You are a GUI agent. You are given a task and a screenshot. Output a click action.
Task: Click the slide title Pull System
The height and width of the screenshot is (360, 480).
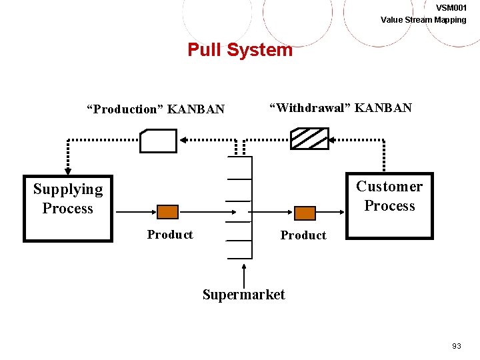240,50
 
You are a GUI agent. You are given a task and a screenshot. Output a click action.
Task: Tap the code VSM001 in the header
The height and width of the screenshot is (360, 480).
451,7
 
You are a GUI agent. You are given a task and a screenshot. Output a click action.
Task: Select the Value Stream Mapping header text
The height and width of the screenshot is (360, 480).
423,19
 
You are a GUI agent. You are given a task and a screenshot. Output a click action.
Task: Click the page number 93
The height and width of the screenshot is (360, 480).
457,346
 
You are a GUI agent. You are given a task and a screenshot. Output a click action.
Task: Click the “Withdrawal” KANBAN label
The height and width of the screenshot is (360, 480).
340,107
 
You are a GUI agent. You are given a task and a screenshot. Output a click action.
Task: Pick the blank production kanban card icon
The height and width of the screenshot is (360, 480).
159,141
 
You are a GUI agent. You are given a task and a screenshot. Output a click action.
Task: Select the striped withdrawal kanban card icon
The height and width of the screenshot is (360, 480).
309,139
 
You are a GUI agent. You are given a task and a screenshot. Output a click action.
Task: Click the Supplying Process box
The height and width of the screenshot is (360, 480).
68,207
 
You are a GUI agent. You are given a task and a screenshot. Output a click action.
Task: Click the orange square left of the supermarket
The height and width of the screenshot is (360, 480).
167,212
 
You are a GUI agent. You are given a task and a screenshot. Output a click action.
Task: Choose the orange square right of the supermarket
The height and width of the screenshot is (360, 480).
305,213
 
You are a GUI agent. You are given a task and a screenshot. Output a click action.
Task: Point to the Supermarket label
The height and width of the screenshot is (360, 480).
243,295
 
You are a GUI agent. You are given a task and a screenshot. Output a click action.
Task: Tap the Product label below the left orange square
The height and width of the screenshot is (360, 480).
170,235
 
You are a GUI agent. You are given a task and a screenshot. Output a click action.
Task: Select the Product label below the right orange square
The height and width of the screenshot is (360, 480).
303,235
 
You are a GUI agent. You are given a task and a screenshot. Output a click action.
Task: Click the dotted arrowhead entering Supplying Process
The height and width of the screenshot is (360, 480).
67,169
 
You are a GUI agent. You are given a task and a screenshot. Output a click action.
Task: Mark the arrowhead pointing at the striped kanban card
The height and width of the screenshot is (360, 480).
333,140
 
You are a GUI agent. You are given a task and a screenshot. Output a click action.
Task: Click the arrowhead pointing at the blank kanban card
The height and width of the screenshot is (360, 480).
182,140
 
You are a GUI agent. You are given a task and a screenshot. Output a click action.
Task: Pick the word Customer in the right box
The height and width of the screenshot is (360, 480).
389,187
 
